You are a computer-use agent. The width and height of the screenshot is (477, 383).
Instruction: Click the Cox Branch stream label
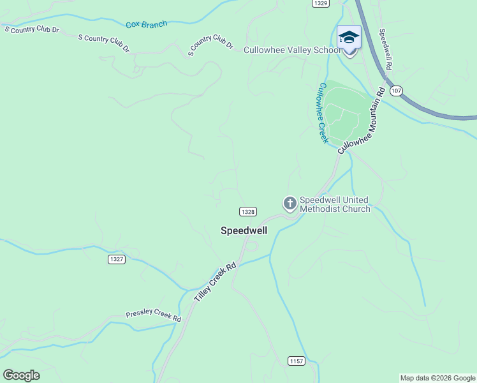[x=146, y=25]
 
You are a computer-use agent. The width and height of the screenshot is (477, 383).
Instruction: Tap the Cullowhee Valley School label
[x=291, y=50]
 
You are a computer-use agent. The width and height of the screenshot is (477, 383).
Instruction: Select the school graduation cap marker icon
[x=349, y=37]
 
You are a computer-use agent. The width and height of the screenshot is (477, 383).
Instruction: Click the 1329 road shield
[x=320, y=4]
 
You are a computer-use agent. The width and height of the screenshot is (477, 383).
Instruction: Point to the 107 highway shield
[x=397, y=91]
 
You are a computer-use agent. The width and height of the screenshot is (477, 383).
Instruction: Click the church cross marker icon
[x=290, y=204]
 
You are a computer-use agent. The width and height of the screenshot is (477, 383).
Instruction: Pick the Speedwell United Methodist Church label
[x=334, y=204]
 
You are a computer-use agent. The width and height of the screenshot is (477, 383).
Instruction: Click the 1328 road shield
[x=248, y=211]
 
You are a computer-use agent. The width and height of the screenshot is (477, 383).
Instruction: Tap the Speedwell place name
[x=244, y=230]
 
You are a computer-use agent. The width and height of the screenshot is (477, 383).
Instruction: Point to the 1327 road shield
[x=117, y=259]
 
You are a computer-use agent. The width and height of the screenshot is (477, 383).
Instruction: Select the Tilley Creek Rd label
[x=215, y=282]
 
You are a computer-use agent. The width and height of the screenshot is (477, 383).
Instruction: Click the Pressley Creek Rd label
[x=153, y=315]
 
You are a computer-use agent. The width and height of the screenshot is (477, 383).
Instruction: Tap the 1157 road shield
[x=296, y=361]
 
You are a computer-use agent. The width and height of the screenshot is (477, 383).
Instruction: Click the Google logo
[x=21, y=375]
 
